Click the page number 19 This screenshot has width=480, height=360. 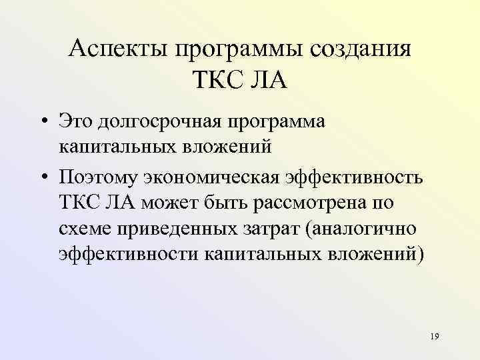435,337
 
